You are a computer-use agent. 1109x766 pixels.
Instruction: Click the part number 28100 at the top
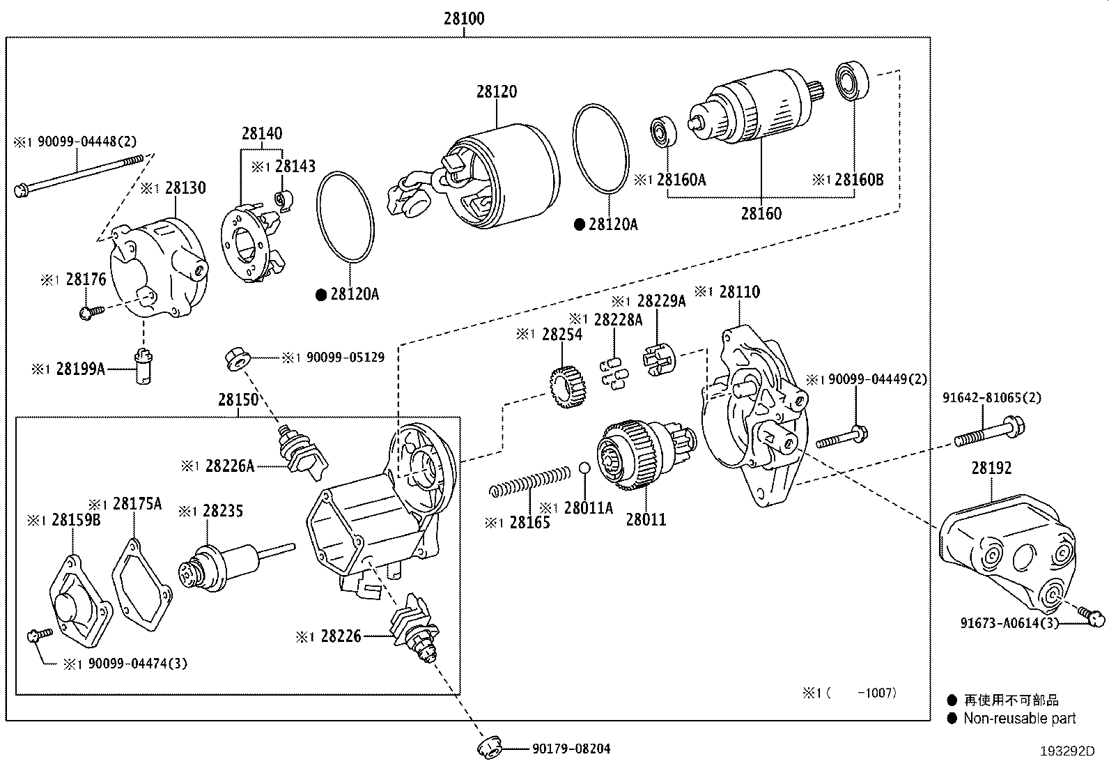pos(463,18)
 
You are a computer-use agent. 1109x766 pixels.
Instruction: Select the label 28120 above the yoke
pos(497,91)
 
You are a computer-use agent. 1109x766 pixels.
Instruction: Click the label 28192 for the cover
pos(991,468)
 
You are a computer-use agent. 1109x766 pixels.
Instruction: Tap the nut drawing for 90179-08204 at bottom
pos(490,748)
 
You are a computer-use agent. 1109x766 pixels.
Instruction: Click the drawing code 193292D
pos(1068,751)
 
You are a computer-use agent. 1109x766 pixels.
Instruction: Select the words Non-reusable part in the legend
pos(1018,718)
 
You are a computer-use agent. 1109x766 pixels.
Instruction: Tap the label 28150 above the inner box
pos(238,400)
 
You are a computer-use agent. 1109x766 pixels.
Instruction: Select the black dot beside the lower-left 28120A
pos(321,295)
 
